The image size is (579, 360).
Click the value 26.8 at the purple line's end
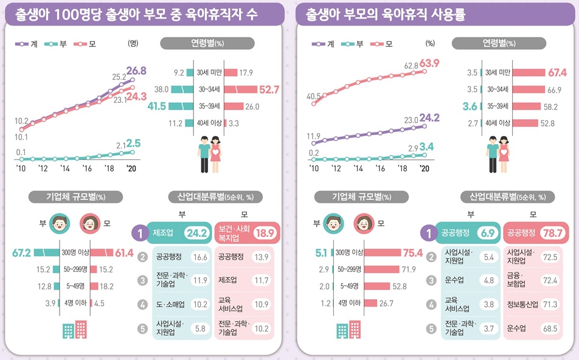click(x=137, y=71)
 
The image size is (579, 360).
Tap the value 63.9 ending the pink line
click(x=429, y=63)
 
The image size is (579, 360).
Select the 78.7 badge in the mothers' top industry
click(x=553, y=232)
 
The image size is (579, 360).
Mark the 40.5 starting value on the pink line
click(x=314, y=96)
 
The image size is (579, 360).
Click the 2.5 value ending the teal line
click(x=133, y=144)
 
